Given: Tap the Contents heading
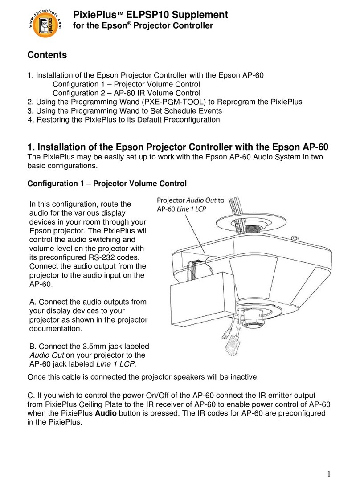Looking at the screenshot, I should click(47, 55).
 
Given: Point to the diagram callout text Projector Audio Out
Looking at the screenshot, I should click(190, 200).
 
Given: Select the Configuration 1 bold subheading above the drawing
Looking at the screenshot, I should click(107, 183).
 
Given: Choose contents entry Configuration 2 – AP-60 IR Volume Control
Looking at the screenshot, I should click(127, 93).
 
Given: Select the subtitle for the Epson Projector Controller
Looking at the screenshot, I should click(143, 25).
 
